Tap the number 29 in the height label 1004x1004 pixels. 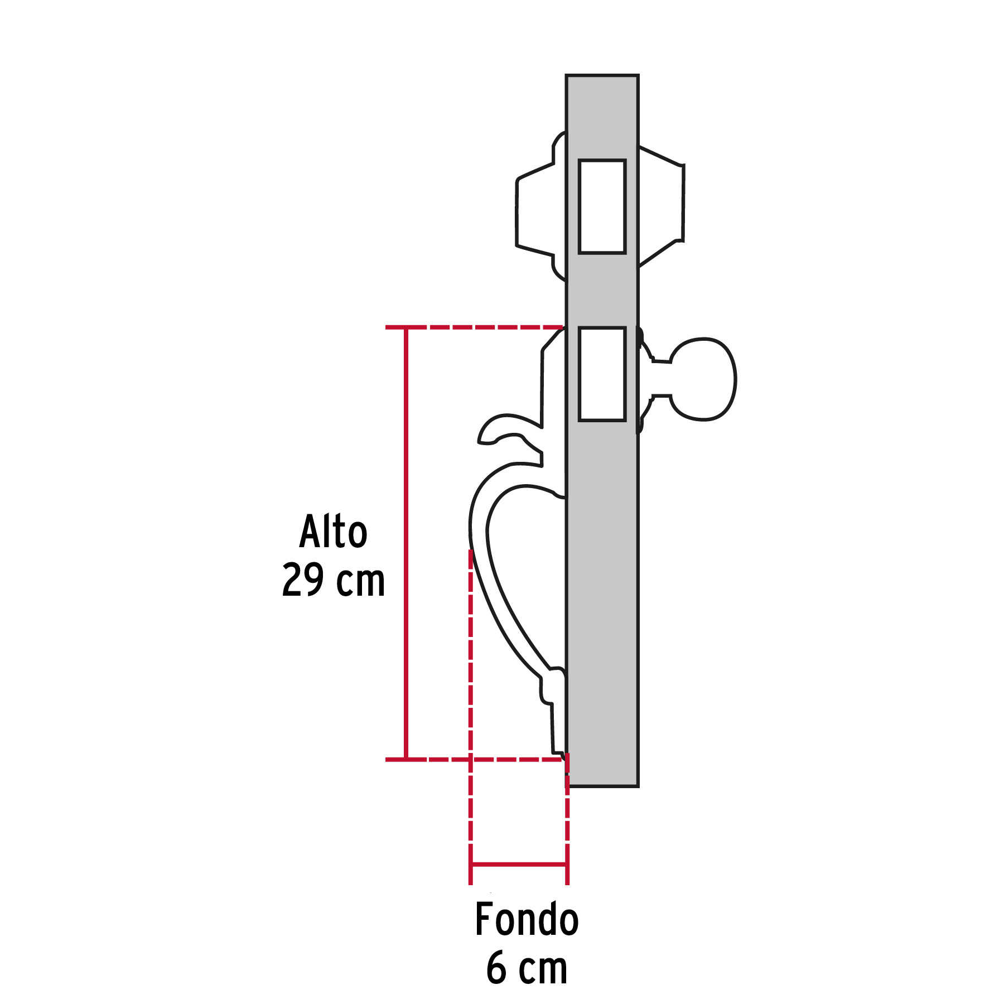point(303,581)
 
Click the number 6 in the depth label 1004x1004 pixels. point(496,969)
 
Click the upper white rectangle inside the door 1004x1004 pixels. point(602,206)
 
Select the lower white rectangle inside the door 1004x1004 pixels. point(602,374)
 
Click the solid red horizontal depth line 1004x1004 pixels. point(519,865)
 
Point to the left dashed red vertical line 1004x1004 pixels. point(471,697)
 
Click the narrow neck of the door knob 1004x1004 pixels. point(661,379)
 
